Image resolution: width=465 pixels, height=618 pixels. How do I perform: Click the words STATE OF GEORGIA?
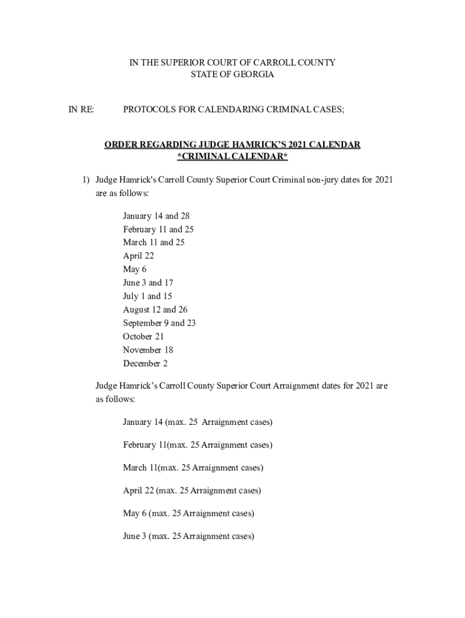click(x=232, y=75)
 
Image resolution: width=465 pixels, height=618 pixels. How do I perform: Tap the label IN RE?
click(x=81, y=109)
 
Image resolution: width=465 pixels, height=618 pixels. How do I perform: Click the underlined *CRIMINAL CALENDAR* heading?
click(x=232, y=157)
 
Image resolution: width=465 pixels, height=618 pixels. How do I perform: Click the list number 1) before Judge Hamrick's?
click(x=86, y=180)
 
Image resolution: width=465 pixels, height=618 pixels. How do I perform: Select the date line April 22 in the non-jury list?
click(x=138, y=256)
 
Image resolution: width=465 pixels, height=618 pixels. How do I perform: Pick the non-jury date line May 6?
click(x=135, y=269)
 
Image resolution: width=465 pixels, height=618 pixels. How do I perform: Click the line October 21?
click(x=143, y=337)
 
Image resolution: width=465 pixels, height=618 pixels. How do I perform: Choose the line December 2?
click(x=145, y=363)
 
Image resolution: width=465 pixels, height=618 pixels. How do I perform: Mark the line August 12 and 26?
click(x=155, y=310)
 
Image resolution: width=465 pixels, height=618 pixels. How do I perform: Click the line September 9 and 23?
click(x=159, y=323)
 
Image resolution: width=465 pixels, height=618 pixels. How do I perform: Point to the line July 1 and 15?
click(x=147, y=296)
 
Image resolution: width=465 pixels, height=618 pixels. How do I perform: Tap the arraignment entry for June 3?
click(x=188, y=536)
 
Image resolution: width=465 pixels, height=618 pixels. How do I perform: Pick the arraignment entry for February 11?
click(x=197, y=445)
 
